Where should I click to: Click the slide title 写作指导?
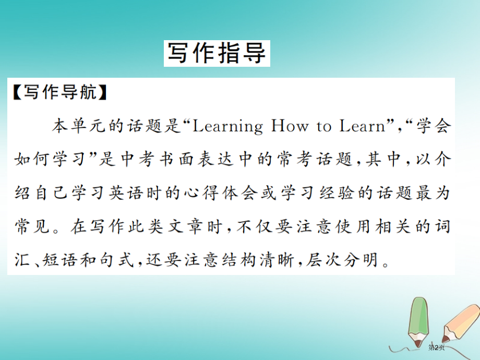click(x=217, y=53)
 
